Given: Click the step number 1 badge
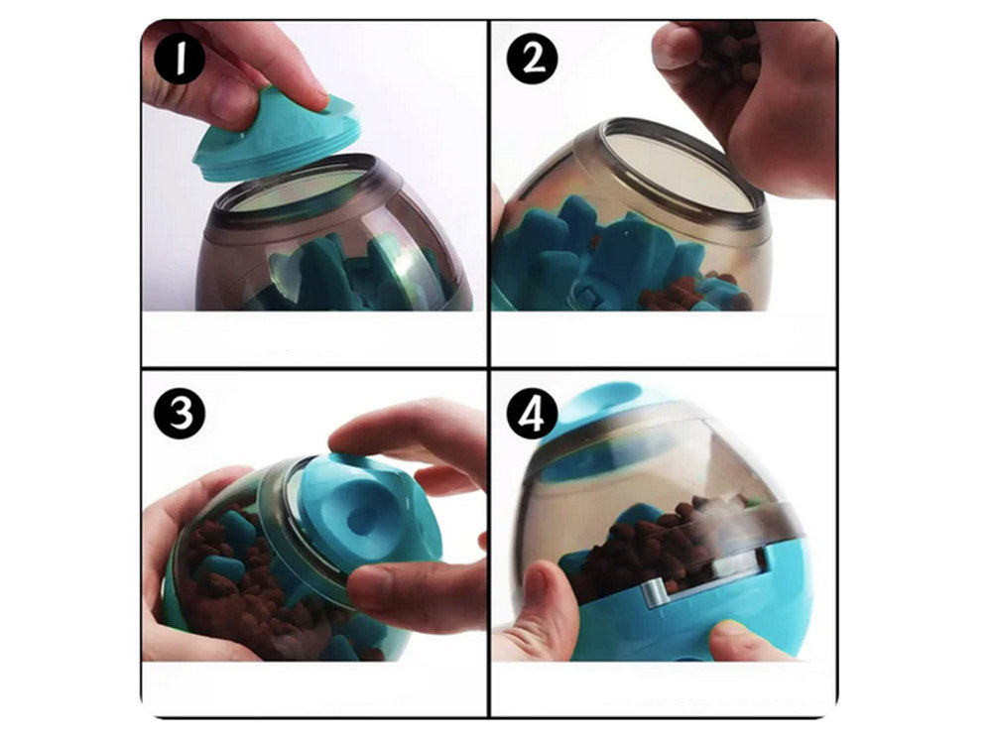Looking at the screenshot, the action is pos(179,58).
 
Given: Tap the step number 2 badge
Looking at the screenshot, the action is pos(532,58).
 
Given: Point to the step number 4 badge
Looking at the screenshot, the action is pos(532,413).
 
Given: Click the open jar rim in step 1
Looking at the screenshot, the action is pos(298,189).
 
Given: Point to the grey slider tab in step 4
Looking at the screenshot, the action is pos(657,591).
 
